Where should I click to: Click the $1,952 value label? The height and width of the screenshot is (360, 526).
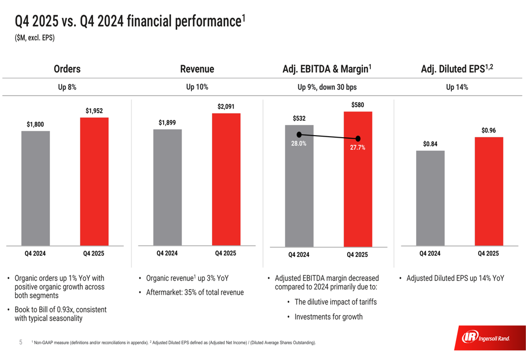tap(94, 111)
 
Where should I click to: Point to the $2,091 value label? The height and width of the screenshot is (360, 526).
tap(226, 107)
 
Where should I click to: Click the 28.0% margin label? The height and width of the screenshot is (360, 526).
tap(299, 143)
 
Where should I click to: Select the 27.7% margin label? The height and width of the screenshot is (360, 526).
tap(358, 148)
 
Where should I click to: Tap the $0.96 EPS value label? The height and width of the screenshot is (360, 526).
tap(489, 130)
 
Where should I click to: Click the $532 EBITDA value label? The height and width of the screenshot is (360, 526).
tap(299, 118)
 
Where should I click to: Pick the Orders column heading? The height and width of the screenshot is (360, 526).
tap(67, 69)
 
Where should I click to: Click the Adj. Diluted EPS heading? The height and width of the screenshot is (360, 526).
tap(457, 68)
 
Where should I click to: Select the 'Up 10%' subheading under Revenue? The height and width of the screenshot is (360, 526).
tap(197, 87)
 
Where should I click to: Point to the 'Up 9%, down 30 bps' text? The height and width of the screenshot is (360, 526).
tap(327, 87)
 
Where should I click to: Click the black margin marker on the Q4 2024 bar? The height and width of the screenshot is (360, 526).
tap(299, 135)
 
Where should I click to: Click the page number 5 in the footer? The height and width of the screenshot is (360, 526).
tap(21, 342)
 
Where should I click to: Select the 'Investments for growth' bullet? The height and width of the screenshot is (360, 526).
tap(328, 317)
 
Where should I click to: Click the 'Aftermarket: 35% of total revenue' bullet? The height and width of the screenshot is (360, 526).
tap(195, 292)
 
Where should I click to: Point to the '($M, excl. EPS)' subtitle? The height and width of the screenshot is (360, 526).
tap(35, 38)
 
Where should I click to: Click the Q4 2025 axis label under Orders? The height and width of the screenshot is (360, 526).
tap(94, 253)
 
